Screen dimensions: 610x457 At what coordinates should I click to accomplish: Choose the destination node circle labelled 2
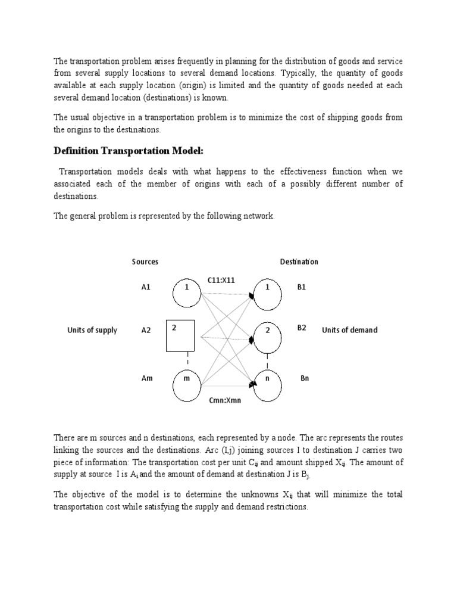click(x=268, y=337)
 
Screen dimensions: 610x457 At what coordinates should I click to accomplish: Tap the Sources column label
click(x=145, y=262)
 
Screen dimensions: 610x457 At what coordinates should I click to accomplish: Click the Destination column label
click(x=299, y=262)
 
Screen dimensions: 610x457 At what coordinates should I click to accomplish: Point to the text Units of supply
click(x=92, y=330)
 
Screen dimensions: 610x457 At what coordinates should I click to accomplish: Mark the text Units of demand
click(x=349, y=330)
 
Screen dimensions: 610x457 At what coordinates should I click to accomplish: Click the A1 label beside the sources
click(x=146, y=287)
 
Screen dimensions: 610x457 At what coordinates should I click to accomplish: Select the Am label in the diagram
click(x=146, y=378)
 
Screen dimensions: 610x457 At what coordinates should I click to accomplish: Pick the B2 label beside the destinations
click(x=302, y=328)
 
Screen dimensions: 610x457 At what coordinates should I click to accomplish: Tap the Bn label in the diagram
click(x=305, y=378)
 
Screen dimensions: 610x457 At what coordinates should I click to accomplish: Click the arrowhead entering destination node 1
click(x=252, y=296)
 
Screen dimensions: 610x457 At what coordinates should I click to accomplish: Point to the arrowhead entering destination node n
click(x=253, y=385)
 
